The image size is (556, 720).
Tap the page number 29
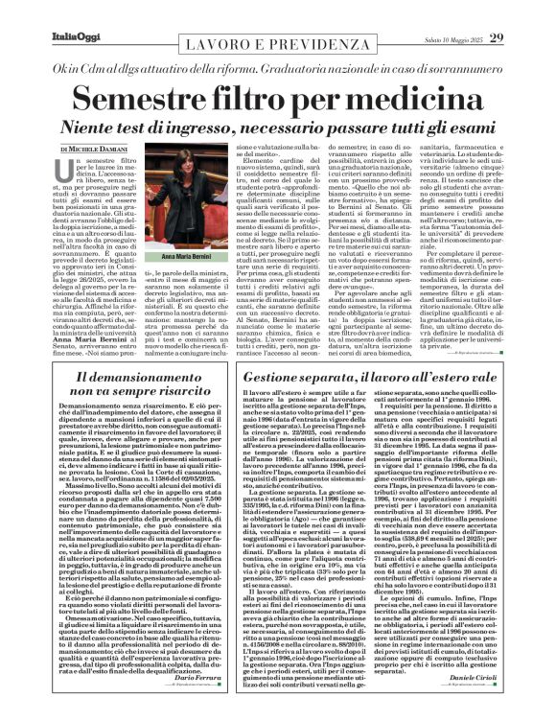524,12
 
